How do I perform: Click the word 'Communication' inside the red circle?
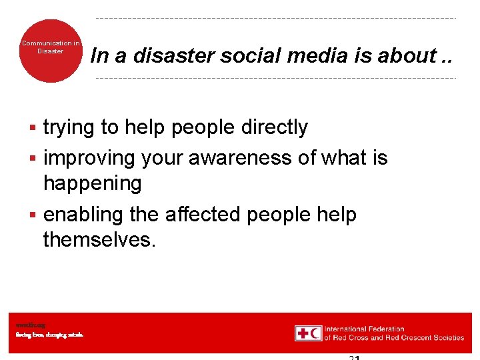[50, 43]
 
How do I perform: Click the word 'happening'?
[92, 183]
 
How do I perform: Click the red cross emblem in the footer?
[303, 333]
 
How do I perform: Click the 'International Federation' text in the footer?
[365, 329]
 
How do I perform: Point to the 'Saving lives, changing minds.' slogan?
[50, 335]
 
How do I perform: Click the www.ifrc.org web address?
[31, 325]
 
